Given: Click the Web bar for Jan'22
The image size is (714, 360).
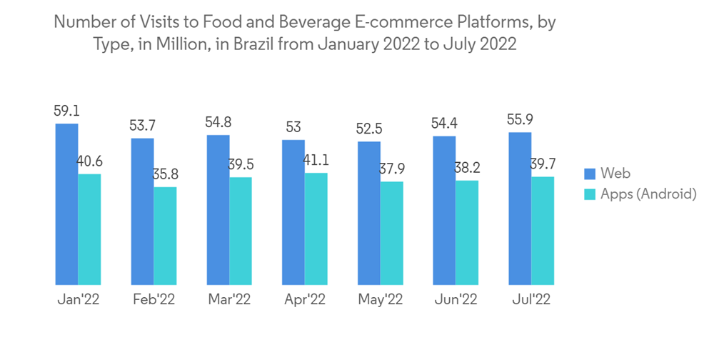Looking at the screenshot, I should tap(67, 204).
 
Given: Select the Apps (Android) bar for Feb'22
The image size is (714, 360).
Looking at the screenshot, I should tap(165, 236).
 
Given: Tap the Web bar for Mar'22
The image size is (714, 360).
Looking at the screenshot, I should tap(218, 210).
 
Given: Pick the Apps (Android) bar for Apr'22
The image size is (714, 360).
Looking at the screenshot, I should tap(316, 229).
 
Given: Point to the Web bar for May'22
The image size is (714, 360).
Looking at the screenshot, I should tap(369, 214).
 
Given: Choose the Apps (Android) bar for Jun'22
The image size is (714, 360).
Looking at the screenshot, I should tap(467, 233).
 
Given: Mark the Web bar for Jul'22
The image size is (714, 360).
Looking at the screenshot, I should tap(520, 209).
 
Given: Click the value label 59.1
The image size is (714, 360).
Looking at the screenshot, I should tap(66, 111).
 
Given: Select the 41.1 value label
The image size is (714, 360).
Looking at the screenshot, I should tap(316, 161).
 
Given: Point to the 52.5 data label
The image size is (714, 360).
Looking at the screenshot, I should tap(369, 130).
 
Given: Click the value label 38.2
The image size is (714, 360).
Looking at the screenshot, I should tap(467, 169).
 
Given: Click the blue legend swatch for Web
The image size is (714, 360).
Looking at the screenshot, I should tap(590, 174).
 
